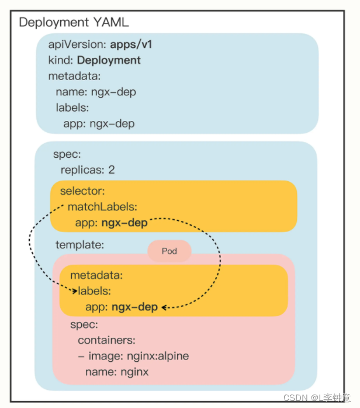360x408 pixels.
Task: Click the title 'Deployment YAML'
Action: click(x=74, y=23)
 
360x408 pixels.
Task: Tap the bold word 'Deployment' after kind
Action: click(x=109, y=60)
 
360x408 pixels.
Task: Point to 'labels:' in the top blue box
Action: click(x=72, y=108)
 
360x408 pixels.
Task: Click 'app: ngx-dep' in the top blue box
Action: click(x=99, y=123)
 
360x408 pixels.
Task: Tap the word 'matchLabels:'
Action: click(x=102, y=206)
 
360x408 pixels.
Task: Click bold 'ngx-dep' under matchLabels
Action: click(x=124, y=222)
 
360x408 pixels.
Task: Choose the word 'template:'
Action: click(x=79, y=245)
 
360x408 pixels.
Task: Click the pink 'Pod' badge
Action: click(x=169, y=251)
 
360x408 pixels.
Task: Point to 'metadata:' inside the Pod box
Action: click(x=96, y=275)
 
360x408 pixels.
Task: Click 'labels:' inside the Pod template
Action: click(x=95, y=291)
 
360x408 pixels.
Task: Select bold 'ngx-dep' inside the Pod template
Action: click(x=135, y=306)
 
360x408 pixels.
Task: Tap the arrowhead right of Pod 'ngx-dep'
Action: click(x=165, y=307)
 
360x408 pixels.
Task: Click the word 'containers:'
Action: click(x=107, y=340)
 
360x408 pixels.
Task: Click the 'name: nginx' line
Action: click(x=117, y=371)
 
